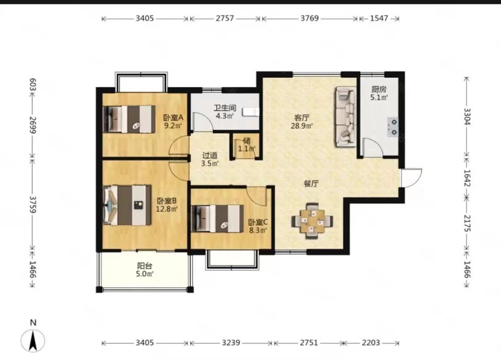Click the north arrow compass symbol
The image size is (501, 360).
point(33,340)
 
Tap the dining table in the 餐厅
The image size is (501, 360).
point(312,220)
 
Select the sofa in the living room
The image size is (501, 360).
point(345,117)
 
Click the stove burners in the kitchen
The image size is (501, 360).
point(394,127)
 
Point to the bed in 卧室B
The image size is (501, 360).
point(127,205)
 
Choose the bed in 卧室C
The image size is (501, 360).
point(217,219)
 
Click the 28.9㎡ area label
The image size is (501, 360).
point(301,126)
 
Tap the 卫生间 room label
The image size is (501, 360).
point(225,108)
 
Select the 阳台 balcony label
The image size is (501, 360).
point(145,266)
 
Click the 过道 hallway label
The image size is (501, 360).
point(209,156)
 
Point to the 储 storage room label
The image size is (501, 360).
point(246,141)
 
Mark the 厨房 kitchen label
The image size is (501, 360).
point(379,90)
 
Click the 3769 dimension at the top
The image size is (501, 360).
point(309,18)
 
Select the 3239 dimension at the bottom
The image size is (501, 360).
point(231,343)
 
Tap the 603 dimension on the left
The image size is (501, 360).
point(33,85)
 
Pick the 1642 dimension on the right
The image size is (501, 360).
point(467,178)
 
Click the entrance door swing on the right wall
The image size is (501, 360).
point(412,178)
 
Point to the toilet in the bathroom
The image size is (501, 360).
point(250,112)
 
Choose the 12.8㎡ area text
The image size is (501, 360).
point(166,209)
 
